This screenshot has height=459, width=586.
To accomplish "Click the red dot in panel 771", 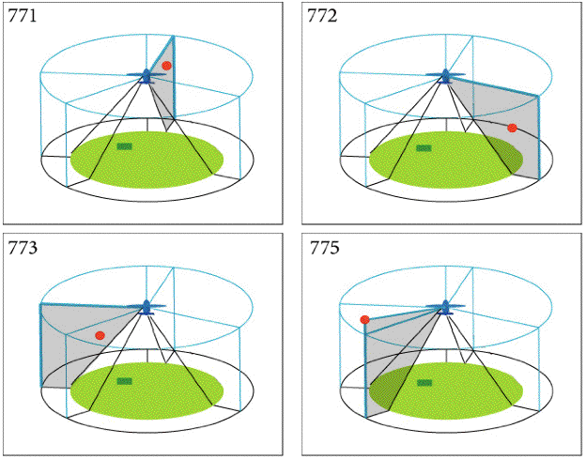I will tap(166, 66).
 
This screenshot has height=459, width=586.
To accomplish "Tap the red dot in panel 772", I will tap(512, 128).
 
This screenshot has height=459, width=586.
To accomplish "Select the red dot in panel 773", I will tap(100, 335).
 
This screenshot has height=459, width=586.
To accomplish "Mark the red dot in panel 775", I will tap(364, 320).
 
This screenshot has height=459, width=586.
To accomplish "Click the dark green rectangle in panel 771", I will tap(124, 146).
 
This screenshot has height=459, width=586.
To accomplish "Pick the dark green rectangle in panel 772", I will tap(424, 147).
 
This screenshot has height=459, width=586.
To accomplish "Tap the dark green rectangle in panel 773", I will tap(124, 381).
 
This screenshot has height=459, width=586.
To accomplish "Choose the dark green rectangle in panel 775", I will tap(424, 382).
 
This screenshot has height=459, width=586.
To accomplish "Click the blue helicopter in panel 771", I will tap(146, 75).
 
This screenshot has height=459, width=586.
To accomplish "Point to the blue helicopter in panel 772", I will tap(445, 75).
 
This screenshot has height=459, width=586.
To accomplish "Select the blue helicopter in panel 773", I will tap(146, 306).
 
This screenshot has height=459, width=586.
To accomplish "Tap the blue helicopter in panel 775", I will tap(445, 306).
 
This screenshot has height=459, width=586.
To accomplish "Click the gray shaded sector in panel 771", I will tap(164, 94).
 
